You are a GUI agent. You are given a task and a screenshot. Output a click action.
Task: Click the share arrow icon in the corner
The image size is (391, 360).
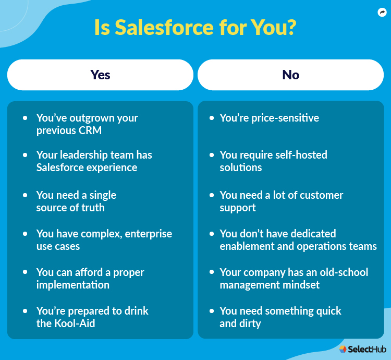[x=382, y=13]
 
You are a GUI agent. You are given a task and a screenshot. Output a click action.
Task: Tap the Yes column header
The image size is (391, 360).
[x=100, y=75]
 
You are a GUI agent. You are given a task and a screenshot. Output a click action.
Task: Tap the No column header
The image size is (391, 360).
[x=290, y=75]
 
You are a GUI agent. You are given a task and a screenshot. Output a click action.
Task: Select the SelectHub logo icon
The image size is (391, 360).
[x=343, y=349]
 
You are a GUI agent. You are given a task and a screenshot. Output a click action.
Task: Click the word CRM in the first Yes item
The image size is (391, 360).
[x=90, y=130]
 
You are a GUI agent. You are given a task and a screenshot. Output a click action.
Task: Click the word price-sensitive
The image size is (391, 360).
[x=286, y=118]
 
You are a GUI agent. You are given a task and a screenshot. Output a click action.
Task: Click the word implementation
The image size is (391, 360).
[x=73, y=285]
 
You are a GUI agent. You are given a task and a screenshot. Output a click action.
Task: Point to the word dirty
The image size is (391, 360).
[x=250, y=323]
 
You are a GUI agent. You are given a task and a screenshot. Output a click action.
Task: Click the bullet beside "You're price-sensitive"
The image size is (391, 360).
[x=212, y=118]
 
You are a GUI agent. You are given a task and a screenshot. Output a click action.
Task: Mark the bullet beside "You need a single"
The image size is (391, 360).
[x=25, y=195]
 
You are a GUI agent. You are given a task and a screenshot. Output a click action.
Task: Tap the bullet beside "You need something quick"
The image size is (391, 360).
[x=212, y=311]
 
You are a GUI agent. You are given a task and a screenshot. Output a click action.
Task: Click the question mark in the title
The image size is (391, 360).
[x=291, y=28]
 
